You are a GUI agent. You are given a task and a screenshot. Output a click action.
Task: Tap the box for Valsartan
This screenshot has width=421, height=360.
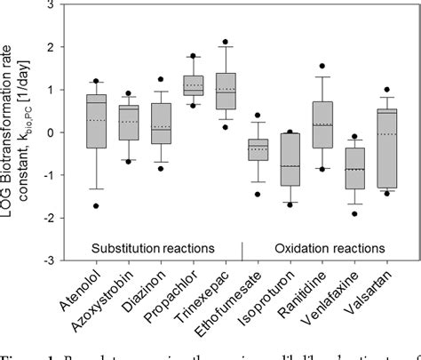tap(386, 148)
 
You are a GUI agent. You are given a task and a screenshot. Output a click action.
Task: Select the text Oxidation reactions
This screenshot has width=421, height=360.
tap(322, 245)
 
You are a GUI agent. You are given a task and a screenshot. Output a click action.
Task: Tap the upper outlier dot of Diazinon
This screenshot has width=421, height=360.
tap(161, 79)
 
